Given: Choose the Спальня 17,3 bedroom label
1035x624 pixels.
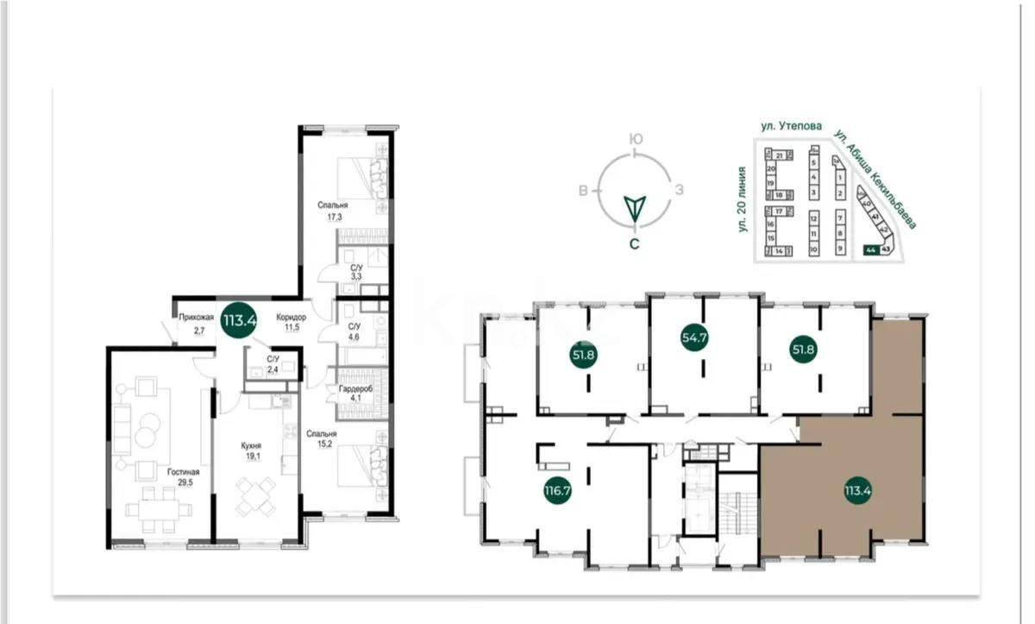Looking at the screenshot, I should click(332, 211).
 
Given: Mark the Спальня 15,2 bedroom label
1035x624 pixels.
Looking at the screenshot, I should click(321, 439).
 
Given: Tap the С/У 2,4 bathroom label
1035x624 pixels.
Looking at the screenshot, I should click(273, 363).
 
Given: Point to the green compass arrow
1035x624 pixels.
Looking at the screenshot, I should click(635, 207).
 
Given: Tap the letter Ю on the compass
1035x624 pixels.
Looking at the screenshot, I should click(635, 138).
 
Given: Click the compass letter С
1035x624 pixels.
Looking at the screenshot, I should click(634, 244).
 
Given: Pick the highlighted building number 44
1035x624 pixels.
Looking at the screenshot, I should click(871, 250).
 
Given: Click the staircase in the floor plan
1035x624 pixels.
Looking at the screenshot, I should click(738, 518).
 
